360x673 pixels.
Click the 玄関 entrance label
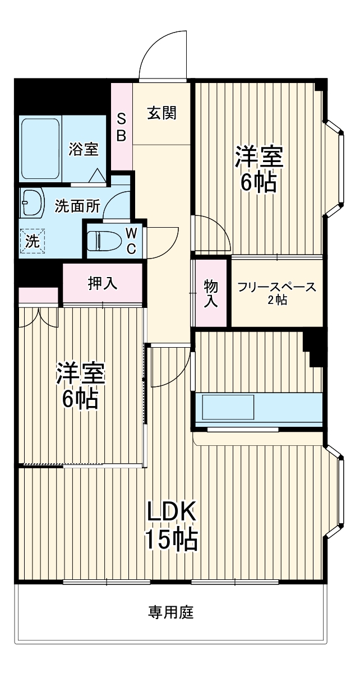(162, 113)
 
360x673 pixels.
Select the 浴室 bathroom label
(84, 149)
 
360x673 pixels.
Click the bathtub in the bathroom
(40, 149)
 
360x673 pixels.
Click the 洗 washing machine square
(33, 242)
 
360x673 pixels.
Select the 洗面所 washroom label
(77, 206)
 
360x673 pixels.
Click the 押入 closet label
(103, 283)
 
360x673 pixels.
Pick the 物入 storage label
(210, 293)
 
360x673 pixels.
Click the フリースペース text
(277, 288)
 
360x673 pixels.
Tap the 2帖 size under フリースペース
(277, 301)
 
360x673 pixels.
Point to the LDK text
(171, 511)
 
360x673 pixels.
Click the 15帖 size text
(171, 540)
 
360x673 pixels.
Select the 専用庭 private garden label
(171, 612)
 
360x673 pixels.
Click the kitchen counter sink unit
(258, 409)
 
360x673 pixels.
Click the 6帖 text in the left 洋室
(80, 399)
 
